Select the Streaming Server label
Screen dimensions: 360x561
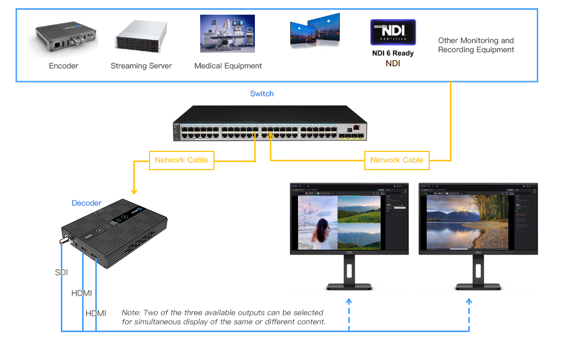click(141, 66)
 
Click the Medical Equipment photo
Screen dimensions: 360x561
click(228, 34)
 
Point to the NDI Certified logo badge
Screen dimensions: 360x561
click(393, 33)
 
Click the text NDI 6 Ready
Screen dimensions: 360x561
click(393, 53)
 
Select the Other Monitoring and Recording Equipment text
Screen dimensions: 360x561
click(476, 45)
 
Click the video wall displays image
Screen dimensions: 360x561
click(315, 30)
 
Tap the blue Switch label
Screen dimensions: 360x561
click(261, 94)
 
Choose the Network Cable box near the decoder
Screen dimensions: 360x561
click(181, 160)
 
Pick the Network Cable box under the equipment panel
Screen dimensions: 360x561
click(396, 160)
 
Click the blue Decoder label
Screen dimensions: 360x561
click(86, 203)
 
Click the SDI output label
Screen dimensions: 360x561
click(61, 272)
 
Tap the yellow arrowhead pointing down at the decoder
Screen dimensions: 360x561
click(134, 191)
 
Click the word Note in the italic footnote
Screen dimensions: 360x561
click(131, 312)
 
